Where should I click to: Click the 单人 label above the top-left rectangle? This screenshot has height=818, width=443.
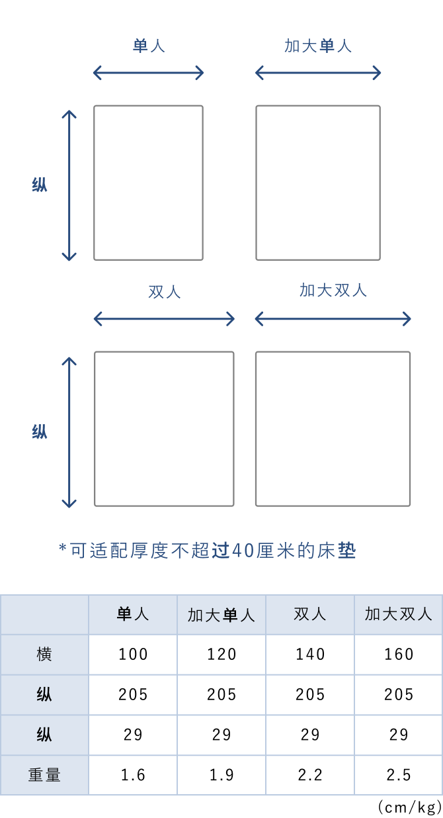[149, 46]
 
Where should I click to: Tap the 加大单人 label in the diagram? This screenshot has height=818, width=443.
[318, 46]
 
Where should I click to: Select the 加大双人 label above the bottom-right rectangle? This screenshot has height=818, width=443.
[333, 290]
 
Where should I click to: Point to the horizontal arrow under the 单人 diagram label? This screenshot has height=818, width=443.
[149, 73]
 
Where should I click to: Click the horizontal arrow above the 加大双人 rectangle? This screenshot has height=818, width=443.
[333, 319]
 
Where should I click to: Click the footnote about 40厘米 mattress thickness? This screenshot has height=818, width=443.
[208, 550]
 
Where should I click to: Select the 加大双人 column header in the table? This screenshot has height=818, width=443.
[399, 614]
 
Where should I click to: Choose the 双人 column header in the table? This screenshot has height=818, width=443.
[310, 614]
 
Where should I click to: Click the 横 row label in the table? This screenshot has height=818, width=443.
[44, 655]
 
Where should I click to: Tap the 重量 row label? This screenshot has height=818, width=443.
[44, 775]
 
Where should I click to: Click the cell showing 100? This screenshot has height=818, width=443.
[133, 655]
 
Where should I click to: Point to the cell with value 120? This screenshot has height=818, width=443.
[221, 655]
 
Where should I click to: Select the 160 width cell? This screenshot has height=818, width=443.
[399, 655]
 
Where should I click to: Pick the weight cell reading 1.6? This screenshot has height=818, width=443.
[133, 775]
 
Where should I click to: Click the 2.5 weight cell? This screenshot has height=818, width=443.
[399, 775]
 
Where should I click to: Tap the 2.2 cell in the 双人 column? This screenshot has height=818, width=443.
[310, 775]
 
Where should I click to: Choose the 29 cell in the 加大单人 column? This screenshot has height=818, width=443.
[221, 735]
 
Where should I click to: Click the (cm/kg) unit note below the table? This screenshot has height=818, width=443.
[410, 807]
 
